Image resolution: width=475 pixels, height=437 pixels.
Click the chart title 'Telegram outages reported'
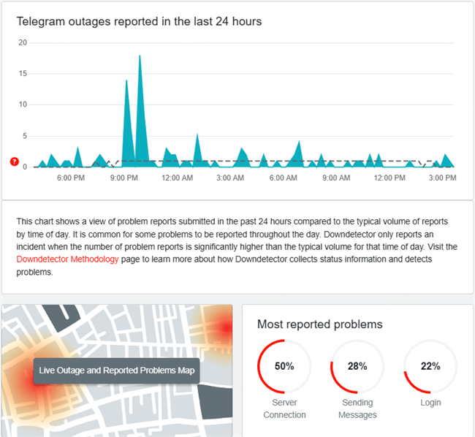139,21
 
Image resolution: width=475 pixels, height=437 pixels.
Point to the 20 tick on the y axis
22,42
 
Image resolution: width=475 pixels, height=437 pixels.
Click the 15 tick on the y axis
22,74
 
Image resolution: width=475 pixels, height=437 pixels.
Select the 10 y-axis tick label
22,104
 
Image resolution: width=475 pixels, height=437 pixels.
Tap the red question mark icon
14,161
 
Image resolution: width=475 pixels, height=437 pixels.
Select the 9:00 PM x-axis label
123,178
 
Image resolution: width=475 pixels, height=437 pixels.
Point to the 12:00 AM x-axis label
177,178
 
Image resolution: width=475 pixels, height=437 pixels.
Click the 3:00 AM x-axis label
230,178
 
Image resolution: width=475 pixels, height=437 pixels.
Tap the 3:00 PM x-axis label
443,178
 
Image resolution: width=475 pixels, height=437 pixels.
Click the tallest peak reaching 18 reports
140,56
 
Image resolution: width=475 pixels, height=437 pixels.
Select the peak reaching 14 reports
126,81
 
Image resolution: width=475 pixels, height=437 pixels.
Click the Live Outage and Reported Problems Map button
116,370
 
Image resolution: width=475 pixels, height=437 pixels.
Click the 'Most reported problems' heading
319,324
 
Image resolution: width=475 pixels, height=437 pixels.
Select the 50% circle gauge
284,366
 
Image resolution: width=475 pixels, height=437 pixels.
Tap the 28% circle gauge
357,366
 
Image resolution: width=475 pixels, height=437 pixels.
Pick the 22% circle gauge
430,366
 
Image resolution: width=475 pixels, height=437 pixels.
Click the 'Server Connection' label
284,408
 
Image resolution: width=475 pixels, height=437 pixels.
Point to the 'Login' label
430,403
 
